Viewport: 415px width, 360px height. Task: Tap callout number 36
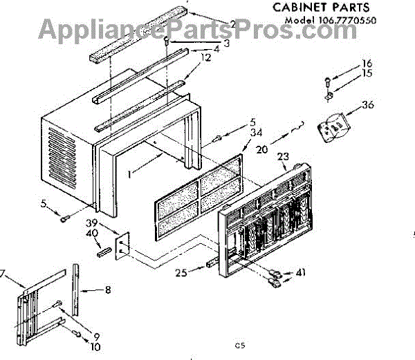[x=368, y=106]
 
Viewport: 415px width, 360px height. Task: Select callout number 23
[x=284, y=157]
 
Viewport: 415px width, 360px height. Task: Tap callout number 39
[x=91, y=224]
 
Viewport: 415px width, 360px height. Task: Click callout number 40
[x=91, y=235]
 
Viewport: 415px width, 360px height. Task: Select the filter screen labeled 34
[x=198, y=197]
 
